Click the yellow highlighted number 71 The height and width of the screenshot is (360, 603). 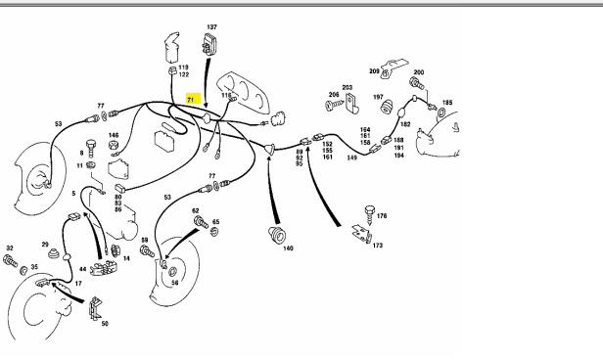point(193,99)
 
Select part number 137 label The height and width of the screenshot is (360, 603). point(211,26)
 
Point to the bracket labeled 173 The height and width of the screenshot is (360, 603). point(361,234)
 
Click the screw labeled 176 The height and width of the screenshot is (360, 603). point(370,215)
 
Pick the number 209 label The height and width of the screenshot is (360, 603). point(374,71)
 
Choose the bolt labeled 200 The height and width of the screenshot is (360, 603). point(417,83)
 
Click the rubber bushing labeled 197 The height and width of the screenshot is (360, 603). point(387,107)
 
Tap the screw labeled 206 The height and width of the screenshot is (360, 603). point(334,105)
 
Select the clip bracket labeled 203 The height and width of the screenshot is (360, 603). point(351,104)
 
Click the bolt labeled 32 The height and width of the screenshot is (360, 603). point(11,261)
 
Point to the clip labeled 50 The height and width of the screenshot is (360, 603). point(94,308)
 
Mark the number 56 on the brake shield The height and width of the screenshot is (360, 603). point(174,283)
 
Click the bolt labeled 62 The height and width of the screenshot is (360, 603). point(201,222)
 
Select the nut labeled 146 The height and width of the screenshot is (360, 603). point(114,146)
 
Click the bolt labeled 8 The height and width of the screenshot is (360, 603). point(91,148)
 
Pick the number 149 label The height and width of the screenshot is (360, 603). point(351,157)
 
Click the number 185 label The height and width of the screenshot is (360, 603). point(447,103)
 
